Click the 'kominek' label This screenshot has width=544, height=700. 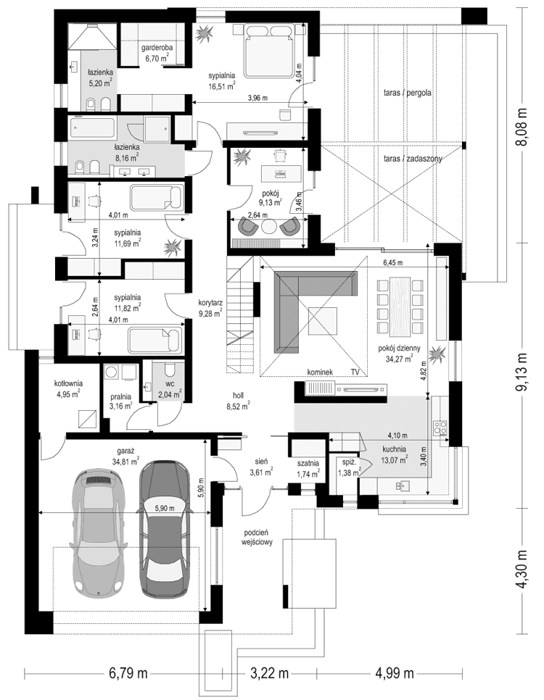[x=320, y=372]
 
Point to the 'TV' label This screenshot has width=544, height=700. [x=355, y=372]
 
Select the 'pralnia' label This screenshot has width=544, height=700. [x=120, y=397]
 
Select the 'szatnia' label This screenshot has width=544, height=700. [x=308, y=463]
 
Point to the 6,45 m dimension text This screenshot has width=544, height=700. [x=392, y=262]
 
